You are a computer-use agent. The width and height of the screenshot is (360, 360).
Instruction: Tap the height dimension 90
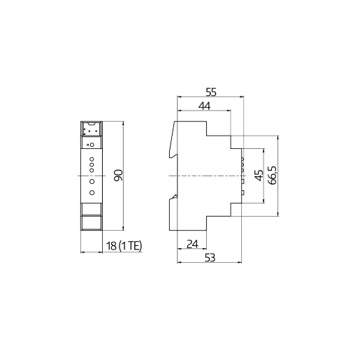tap(118, 175)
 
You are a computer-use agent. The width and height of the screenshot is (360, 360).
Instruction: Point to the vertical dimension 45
tap(258, 175)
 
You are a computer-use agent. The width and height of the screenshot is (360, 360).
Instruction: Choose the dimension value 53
tap(210, 258)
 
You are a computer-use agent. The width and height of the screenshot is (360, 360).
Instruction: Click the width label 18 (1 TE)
tap(123, 245)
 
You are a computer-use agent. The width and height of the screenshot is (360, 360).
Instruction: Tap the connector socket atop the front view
tap(92, 130)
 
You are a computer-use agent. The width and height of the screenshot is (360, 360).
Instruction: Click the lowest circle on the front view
tap(92, 192)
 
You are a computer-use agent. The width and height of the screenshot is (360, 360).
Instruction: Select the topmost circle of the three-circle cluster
tap(92, 160)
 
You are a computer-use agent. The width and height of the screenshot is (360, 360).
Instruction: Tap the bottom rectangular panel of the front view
tap(92, 223)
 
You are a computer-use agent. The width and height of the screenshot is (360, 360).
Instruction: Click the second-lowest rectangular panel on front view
tap(92, 208)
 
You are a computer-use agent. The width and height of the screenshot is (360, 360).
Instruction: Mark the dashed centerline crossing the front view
tap(92, 175)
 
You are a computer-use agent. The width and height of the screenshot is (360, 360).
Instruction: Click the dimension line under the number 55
tap(210, 98)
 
